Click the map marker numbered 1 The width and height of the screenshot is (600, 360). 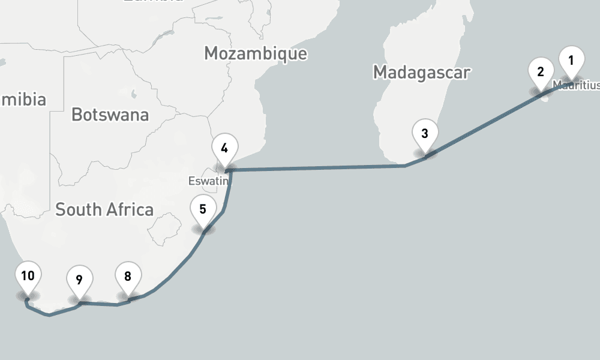coord(571,61)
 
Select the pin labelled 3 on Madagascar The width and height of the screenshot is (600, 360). coord(425,134)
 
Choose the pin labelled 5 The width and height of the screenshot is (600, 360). coord(203,210)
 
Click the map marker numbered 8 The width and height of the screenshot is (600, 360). coord(128,277)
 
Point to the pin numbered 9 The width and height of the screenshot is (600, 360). coord(79,280)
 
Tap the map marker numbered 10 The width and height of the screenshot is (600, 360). coord(28,277)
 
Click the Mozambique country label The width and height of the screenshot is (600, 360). coord(256,53)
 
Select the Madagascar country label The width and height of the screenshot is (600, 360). coord(421,73)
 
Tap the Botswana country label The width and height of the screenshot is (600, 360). coord(110,114)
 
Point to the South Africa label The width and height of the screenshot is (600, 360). coord(104,209)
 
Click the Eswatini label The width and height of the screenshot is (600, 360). coord(208,181)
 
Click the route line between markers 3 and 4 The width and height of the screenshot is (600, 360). coord(318,169)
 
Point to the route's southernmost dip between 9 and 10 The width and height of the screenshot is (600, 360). coord(49,315)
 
